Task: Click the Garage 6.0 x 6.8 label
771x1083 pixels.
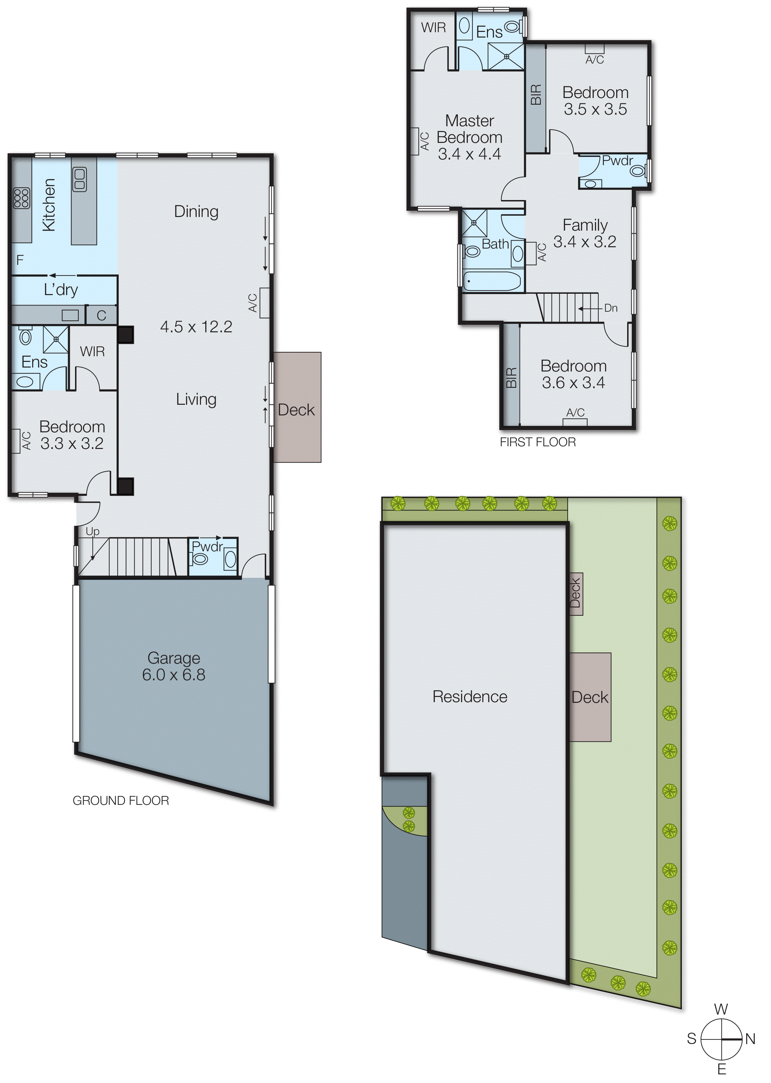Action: (x=174, y=666)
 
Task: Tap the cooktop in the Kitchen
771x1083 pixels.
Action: (x=21, y=198)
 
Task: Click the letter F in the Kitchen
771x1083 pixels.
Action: (x=20, y=260)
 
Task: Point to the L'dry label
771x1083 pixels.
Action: (x=61, y=290)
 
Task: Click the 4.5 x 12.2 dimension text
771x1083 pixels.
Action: (x=196, y=327)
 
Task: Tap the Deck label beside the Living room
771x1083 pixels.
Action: (x=296, y=410)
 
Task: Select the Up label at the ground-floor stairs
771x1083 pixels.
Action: (x=93, y=532)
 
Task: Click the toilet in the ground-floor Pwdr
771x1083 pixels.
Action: (x=199, y=559)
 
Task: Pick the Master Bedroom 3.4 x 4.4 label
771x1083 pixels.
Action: (x=469, y=137)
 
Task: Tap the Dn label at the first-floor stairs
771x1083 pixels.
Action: (x=611, y=308)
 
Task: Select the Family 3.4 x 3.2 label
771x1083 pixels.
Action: (x=585, y=233)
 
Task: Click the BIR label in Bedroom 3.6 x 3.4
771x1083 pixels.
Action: (x=511, y=378)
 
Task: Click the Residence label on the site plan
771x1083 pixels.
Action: (x=469, y=697)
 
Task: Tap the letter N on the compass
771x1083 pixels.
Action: (x=750, y=1039)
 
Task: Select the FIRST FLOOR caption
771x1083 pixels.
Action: (x=537, y=442)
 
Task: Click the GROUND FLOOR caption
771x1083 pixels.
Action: (x=121, y=801)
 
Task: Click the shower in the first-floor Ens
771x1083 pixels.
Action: (x=506, y=56)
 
